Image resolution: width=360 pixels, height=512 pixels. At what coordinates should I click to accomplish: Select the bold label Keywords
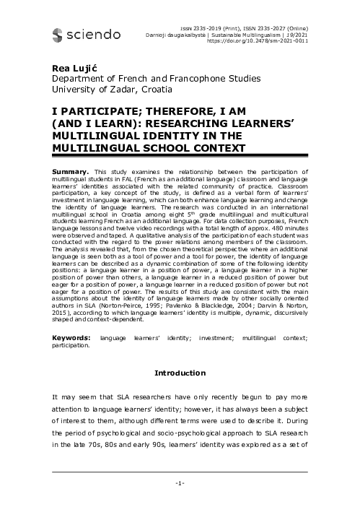pos(71,338)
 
